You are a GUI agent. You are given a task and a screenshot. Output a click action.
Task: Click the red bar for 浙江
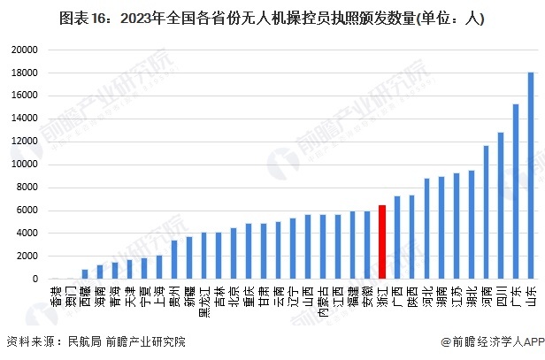tap(382, 242)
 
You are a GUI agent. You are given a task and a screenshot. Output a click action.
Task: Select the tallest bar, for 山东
tap(531, 176)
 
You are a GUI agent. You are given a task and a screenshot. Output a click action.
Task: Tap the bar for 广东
tap(516, 192)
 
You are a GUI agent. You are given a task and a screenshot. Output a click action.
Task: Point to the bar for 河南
tap(486, 212)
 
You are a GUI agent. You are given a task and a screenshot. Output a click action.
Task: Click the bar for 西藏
tap(85, 274)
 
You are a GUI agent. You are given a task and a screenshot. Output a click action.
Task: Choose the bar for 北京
tap(234, 254)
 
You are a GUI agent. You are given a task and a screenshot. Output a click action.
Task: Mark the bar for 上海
tap(159, 267)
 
